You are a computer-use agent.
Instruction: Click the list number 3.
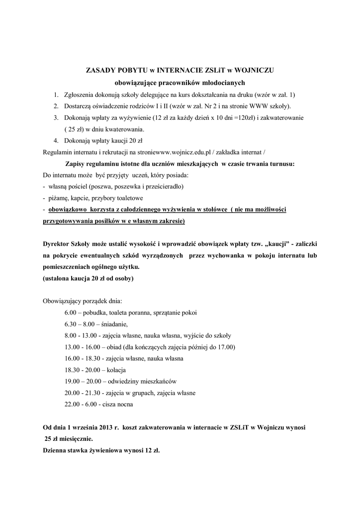56,118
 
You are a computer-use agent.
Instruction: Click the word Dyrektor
57,245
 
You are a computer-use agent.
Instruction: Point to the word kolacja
114,370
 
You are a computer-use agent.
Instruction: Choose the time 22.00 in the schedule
72,404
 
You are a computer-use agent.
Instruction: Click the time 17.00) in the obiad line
225,347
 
